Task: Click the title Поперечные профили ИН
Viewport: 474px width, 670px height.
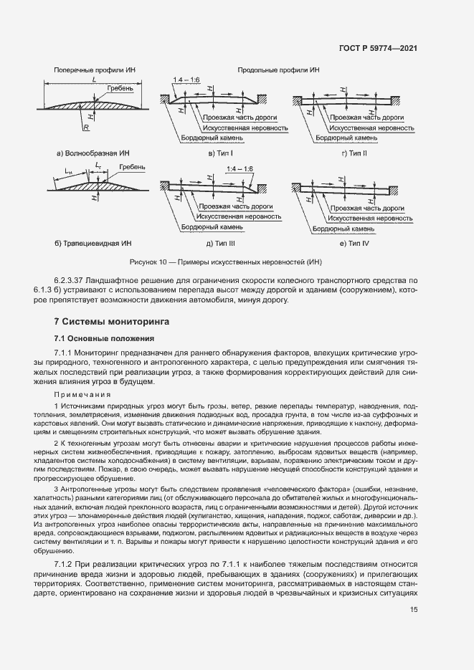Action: (x=90, y=71)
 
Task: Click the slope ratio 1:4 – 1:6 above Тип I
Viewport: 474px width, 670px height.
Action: (x=186, y=80)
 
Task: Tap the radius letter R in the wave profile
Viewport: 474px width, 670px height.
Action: (x=85, y=127)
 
